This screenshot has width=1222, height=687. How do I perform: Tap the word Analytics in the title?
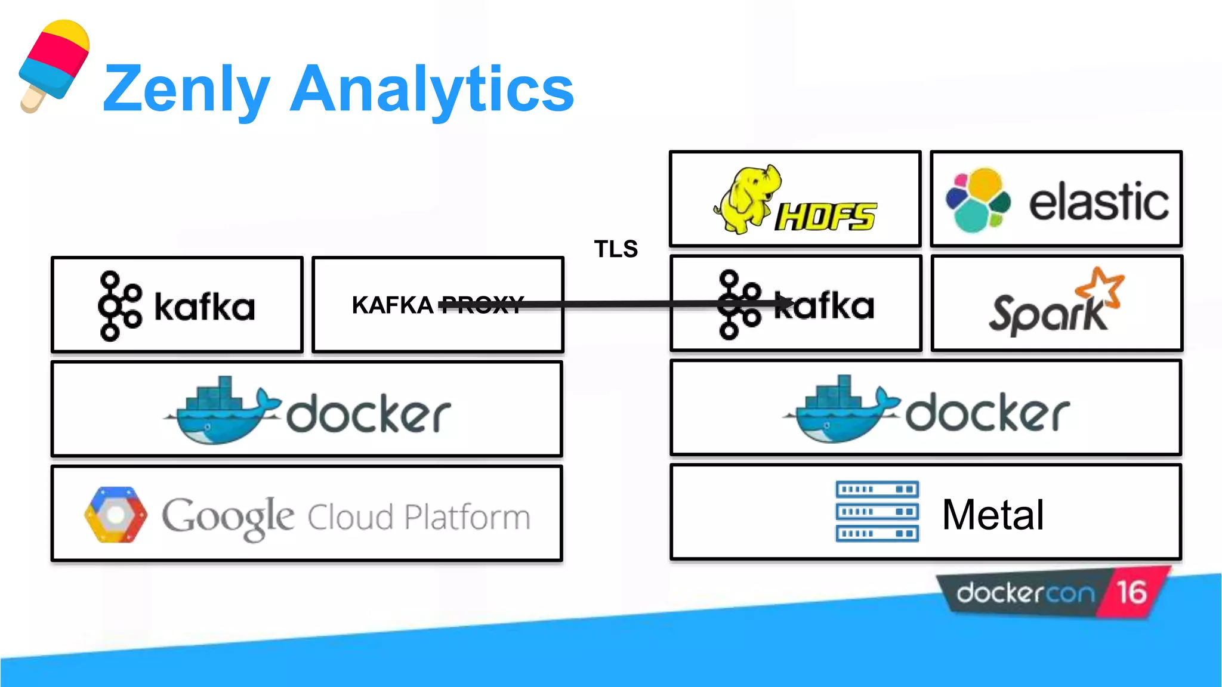click(431, 89)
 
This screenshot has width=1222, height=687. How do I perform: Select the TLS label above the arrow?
click(616, 249)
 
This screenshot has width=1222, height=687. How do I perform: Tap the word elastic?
click(1098, 202)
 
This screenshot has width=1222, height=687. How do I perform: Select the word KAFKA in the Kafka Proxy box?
click(392, 305)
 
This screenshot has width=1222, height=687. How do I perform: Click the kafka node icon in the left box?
click(119, 306)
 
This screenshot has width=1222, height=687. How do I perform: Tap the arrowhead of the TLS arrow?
click(786, 305)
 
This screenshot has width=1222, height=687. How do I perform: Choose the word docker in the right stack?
click(988, 413)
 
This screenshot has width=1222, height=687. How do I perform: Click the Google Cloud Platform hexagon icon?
click(115, 515)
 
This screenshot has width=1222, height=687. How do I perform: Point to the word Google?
click(228, 516)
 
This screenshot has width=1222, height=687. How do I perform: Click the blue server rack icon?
click(877, 511)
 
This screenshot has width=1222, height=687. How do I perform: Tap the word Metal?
click(993, 515)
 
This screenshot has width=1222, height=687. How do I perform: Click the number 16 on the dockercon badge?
click(1131, 592)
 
